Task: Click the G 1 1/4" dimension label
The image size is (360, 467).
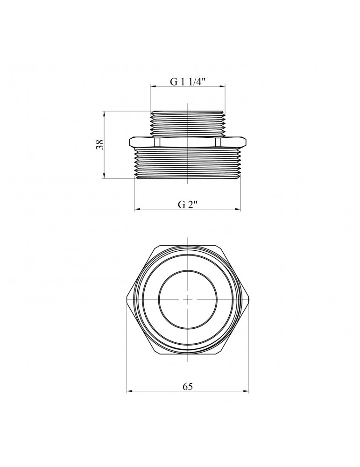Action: point(188,81)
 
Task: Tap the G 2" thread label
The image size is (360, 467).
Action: point(188,205)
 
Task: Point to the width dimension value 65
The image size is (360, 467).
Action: point(188,386)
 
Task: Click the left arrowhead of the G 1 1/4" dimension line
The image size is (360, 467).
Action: point(152,86)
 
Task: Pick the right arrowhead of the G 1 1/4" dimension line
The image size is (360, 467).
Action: point(224,86)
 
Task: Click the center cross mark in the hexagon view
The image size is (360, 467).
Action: point(187,299)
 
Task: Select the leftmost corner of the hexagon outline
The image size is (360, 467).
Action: point(127,299)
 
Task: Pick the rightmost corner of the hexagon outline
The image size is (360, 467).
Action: point(248,299)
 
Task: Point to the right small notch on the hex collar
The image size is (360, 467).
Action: point(218,142)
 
